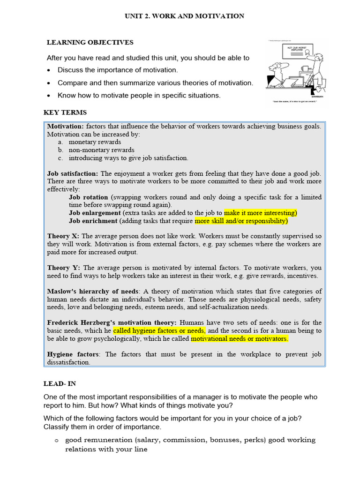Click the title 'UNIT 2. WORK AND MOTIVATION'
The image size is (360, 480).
(184, 16)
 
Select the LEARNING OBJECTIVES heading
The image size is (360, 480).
(90, 42)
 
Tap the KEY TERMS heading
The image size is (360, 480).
(65, 112)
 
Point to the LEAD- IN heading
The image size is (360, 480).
(60, 383)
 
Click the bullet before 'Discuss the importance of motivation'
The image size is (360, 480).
(49, 70)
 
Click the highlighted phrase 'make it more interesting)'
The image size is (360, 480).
(261, 213)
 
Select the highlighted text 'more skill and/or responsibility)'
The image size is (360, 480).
(241, 221)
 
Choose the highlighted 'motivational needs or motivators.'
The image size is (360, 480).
(240, 338)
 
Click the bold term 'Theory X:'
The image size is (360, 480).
(63, 236)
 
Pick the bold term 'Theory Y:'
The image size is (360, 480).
(64, 268)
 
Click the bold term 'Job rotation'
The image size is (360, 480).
(88, 197)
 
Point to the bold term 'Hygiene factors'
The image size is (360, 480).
(73, 354)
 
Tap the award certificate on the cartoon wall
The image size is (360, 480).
(294, 49)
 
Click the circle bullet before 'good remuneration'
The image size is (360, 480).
(56, 440)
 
